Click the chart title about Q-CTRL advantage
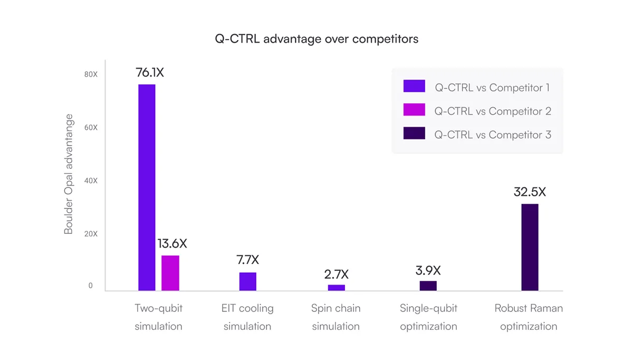(316, 39)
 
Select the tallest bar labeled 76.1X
(147, 187)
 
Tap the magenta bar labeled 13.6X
(170, 273)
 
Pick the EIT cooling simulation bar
(247, 281)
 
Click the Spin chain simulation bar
(336, 288)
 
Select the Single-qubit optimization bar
(428, 286)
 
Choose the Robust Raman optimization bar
(530, 247)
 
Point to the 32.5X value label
(530, 192)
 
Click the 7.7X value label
(247, 260)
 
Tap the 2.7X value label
(336, 274)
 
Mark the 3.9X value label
(428, 271)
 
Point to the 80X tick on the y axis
(91, 74)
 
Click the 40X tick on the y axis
(91, 181)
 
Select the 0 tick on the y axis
(91, 286)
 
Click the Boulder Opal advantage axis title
(69, 174)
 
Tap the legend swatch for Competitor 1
(414, 87)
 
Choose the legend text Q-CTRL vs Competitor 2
(493, 111)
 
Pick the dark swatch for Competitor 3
(414, 134)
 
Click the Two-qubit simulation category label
(158, 317)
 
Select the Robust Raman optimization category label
(529, 317)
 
